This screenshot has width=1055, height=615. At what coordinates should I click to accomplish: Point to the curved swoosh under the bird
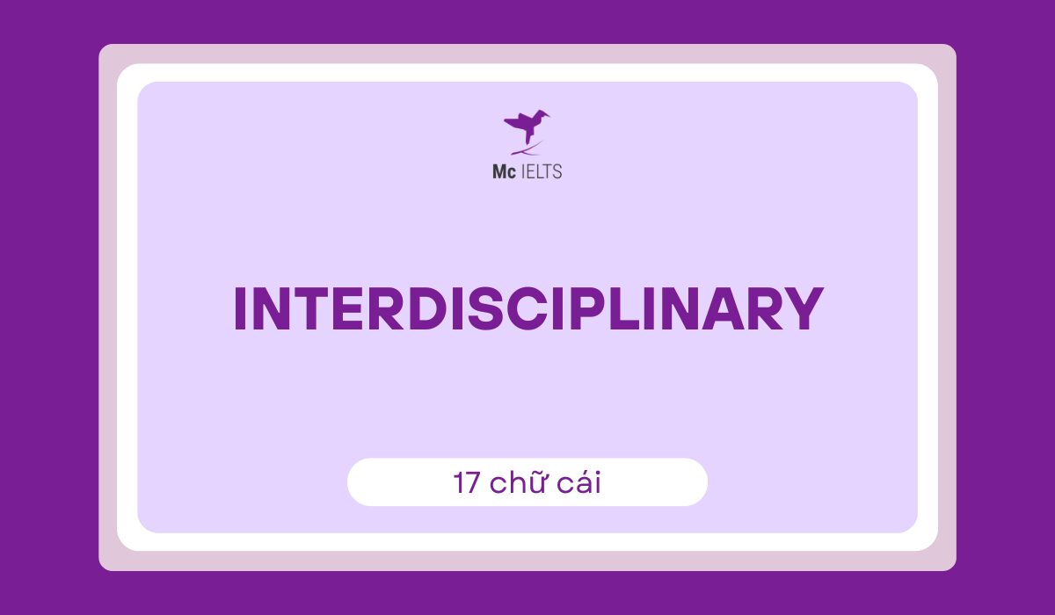[527, 150]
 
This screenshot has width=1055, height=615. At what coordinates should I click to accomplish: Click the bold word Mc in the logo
[503, 171]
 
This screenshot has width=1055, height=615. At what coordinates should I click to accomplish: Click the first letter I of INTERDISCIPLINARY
[238, 309]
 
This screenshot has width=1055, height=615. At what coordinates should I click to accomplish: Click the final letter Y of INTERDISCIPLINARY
[798, 309]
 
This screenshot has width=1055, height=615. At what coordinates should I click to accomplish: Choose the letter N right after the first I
[269, 309]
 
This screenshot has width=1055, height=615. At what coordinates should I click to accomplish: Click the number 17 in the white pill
[466, 482]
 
